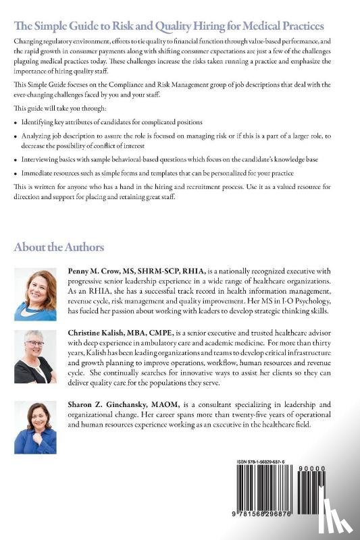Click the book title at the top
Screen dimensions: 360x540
click(x=169, y=26)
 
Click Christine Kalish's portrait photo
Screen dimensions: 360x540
click(x=35, y=356)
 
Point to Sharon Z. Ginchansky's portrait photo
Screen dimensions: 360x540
click(x=35, y=427)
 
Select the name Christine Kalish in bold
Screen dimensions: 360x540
click(x=99, y=333)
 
